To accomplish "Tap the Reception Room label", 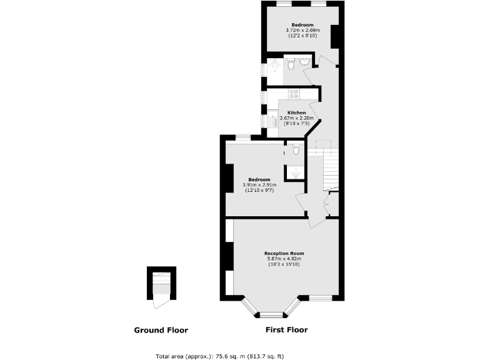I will [x=284, y=253].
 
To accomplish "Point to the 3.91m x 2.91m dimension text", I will [x=259, y=185].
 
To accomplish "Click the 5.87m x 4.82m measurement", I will [x=284, y=259].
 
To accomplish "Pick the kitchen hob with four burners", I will [x=294, y=94].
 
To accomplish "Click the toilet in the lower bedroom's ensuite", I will [x=296, y=150].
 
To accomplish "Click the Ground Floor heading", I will [x=161, y=330].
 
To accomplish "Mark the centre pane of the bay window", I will [x=272, y=315].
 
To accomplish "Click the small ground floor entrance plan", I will [x=161, y=286].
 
